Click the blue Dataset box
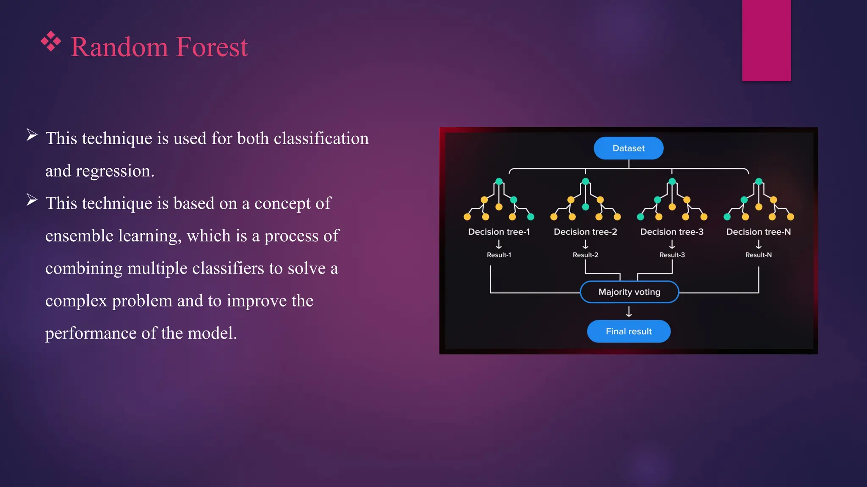[628, 148]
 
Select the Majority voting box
[629, 292]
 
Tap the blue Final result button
[629, 331]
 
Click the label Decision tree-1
[499, 232]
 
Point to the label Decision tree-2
[585, 232]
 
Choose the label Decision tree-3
[672, 232]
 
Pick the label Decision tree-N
[758, 232]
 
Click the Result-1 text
[499, 255]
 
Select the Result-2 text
[585, 255]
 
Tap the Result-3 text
[672, 255]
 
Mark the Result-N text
[758, 255]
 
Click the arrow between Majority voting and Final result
[629, 312]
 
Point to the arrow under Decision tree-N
[758, 244]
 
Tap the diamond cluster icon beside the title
[51, 41]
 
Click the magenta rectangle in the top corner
[766, 40]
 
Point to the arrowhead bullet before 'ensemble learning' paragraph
[32, 200]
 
